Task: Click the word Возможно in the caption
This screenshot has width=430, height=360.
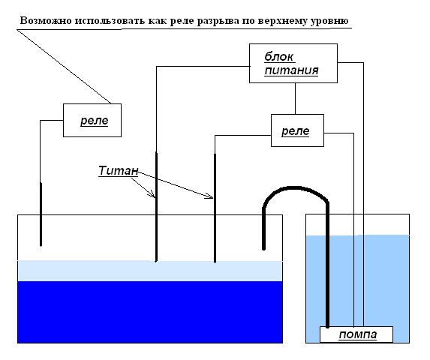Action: tap(46, 21)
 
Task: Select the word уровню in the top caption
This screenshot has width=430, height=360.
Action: tap(329, 21)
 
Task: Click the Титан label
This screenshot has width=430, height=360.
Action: tap(119, 171)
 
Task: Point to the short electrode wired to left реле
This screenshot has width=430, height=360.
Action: tap(41, 214)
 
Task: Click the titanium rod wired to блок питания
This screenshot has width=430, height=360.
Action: tap(156, 207)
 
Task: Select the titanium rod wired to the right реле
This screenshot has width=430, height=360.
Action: tap(215, 208)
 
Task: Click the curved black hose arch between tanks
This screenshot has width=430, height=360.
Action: tap(296, 188)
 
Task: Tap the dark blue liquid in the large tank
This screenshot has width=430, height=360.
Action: tap(150, 312)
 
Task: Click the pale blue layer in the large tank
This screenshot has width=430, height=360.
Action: tap(150, 271)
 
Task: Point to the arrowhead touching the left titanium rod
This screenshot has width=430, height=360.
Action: tap(152, 194)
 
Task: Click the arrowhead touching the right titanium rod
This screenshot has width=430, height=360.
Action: tap(209, 196)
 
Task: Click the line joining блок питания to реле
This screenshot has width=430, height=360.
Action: tap(295, 99)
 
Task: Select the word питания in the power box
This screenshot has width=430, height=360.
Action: tap(291, 70)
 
